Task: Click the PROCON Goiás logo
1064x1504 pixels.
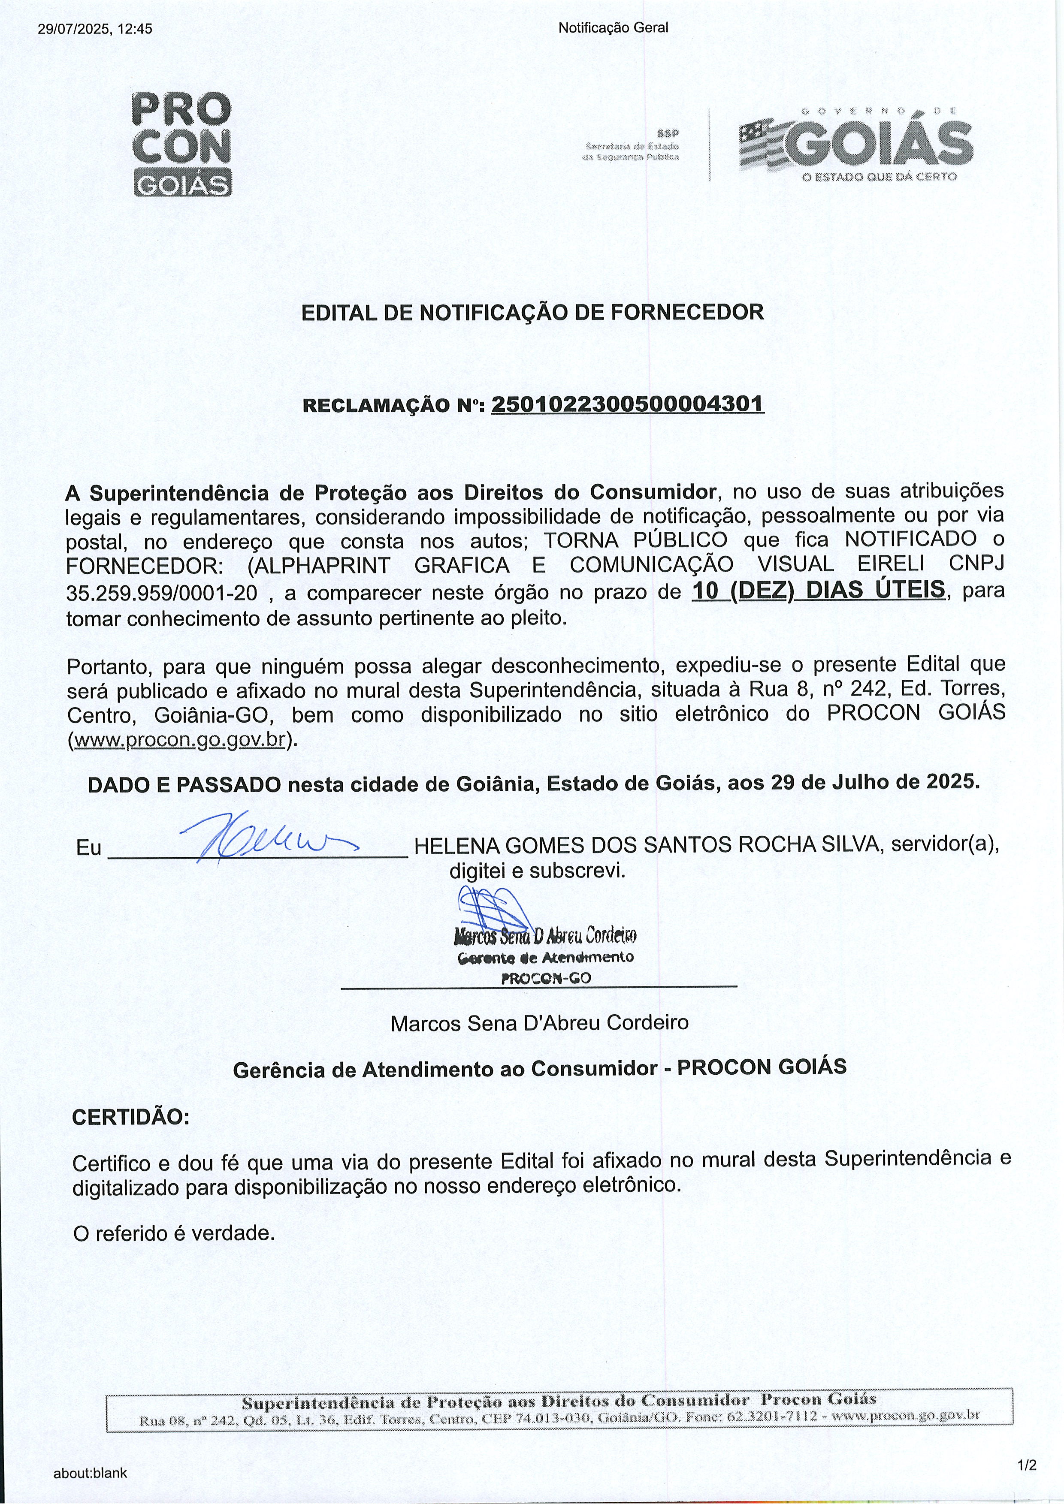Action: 182,144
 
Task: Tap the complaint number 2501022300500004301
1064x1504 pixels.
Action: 628,404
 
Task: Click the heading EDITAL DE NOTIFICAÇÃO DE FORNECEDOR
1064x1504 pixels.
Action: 532,313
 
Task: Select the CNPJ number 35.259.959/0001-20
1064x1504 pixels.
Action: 162,593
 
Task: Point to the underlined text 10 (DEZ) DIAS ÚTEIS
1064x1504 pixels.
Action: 818,590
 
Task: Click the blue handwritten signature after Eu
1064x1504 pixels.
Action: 262,841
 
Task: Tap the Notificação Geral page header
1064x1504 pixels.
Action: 613,27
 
